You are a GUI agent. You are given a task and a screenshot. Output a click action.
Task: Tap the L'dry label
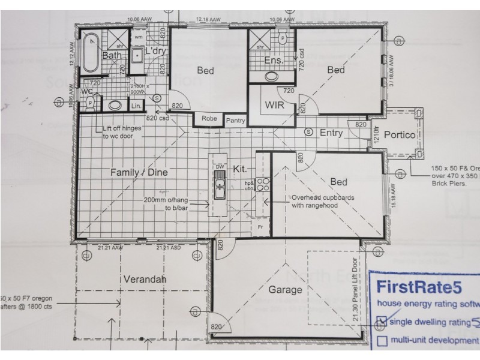155,52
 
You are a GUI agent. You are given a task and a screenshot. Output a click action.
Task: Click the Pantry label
235,120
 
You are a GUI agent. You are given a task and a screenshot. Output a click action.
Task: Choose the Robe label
209,118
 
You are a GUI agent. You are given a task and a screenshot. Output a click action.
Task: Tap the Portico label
400,135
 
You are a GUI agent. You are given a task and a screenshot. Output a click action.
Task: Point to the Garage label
285,289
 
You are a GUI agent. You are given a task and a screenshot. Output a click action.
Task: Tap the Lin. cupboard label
136,106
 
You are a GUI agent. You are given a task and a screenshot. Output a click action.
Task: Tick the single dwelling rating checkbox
381,322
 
